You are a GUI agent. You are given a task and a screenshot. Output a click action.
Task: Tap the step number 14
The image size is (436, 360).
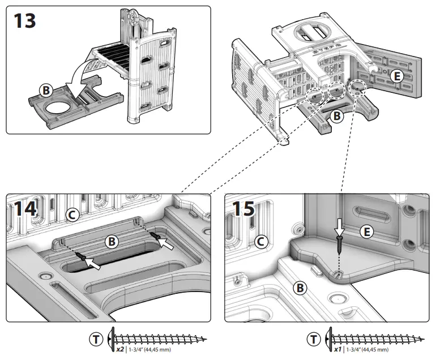(x=23, y=208)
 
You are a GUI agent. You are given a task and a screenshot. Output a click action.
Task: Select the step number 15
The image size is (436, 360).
(x=243, y=207)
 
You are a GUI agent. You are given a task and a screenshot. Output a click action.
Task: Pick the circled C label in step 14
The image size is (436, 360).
(x=71, y=215)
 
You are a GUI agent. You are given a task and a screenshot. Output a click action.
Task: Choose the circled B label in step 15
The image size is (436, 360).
(x=300, y=288)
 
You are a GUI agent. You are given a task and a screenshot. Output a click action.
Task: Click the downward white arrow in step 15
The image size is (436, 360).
(x=339, y=228)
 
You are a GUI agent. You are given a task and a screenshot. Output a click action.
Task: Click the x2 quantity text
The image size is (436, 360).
(x=120, y=349)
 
